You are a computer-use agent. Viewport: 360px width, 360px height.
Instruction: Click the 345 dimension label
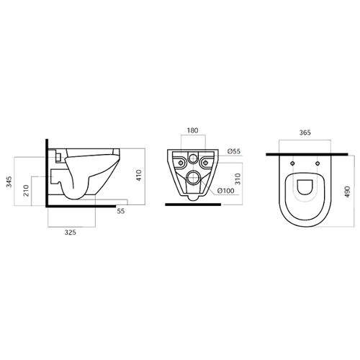coord(9,182)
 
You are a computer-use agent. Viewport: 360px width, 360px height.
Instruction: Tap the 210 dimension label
coord(26,191)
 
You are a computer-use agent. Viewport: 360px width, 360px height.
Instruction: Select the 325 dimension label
coord(70,233)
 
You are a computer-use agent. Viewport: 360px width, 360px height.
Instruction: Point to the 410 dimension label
coord(139,175)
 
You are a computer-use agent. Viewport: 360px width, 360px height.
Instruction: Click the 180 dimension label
coord(193,130)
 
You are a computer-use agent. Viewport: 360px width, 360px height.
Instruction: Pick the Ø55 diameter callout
coord(234,151)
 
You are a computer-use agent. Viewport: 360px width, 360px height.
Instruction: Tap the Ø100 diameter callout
coord(225,191)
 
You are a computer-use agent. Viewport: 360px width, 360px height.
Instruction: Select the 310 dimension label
coord(238,179)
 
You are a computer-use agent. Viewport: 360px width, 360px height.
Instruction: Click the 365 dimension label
coord(305,132)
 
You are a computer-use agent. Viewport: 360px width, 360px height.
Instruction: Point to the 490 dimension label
coord(348,192)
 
